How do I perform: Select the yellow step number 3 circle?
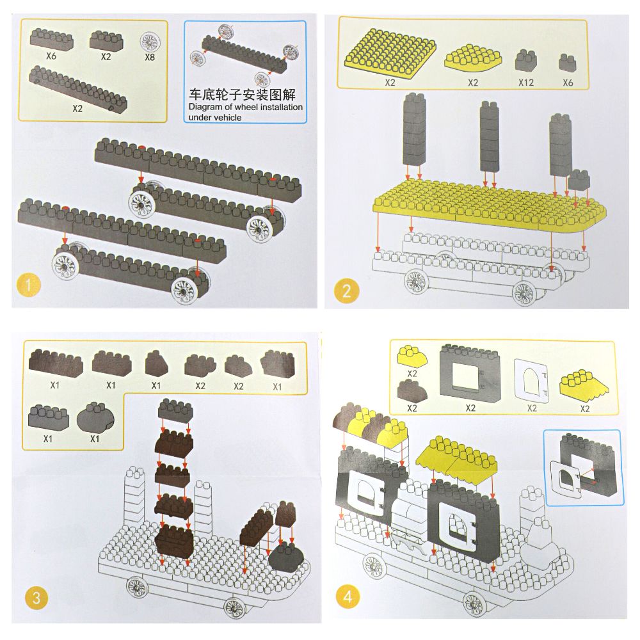pos(36,598)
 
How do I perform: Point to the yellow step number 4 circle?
pos(348,597)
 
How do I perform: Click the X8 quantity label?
pos(150,56)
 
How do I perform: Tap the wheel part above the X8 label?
pos(150,42)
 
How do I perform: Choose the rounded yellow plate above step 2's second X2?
pos(473,58)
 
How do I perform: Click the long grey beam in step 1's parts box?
pos(77,89)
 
